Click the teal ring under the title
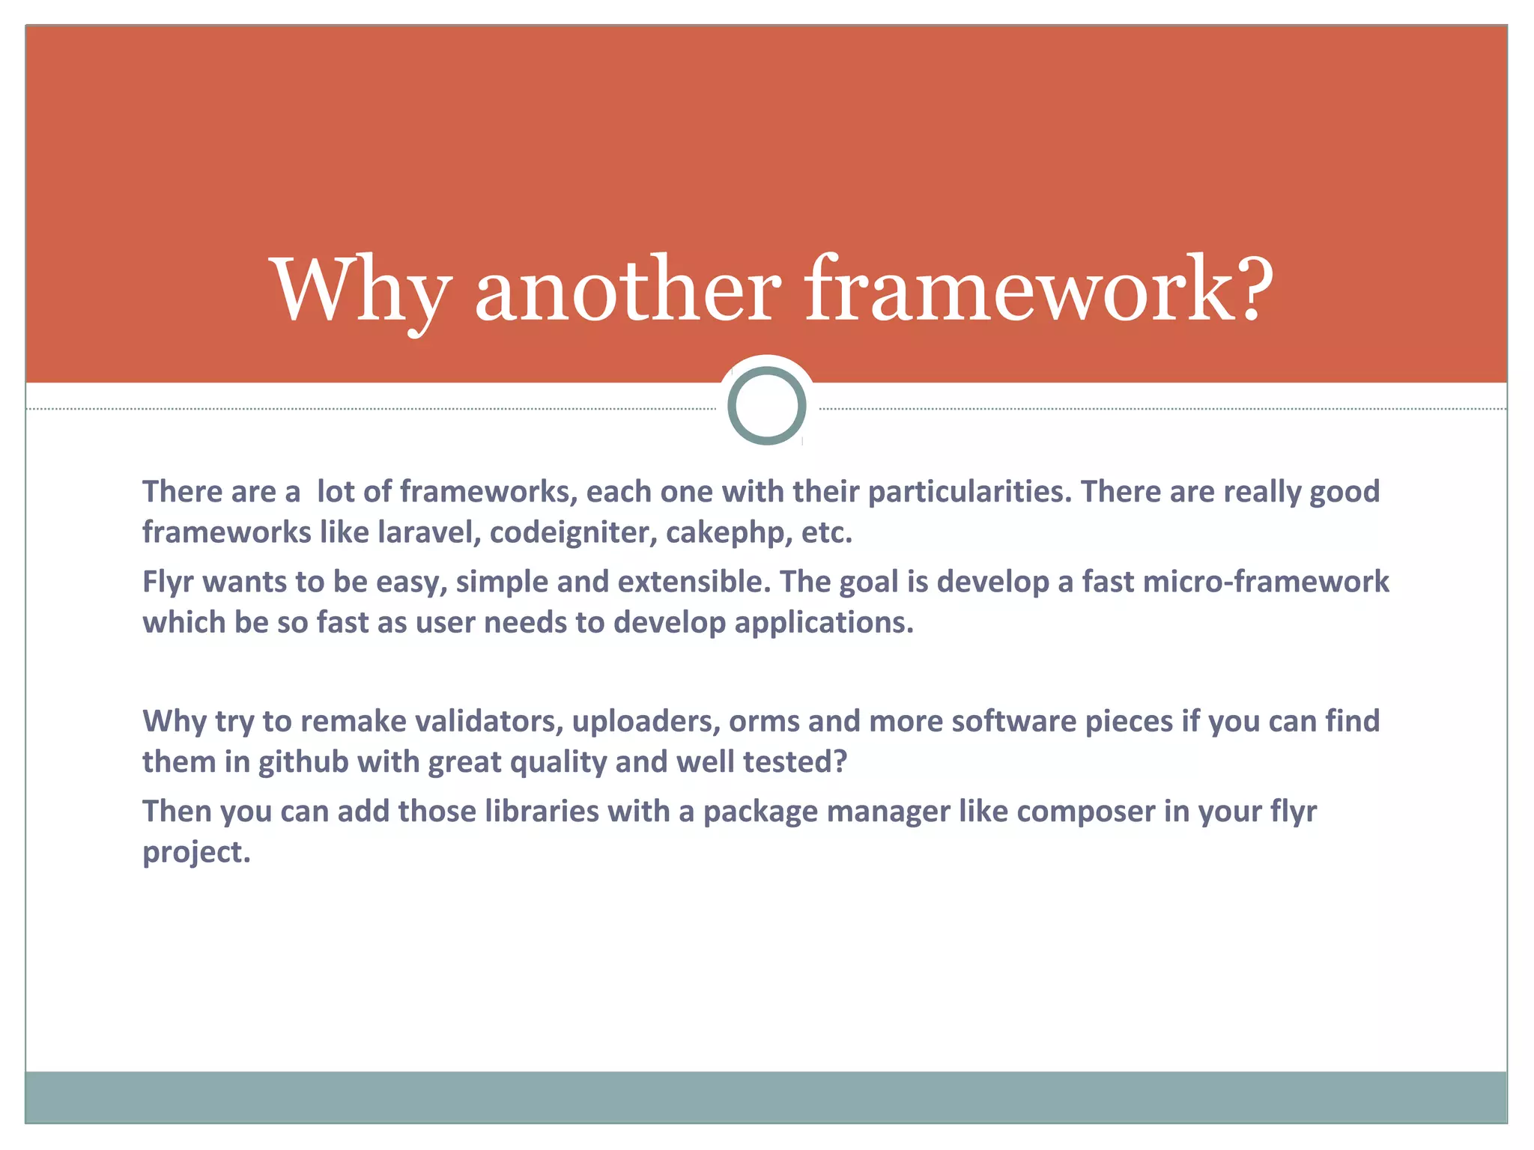[x=766, y=405]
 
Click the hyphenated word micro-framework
[x=1265, y=582]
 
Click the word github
[x=303, y=762]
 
